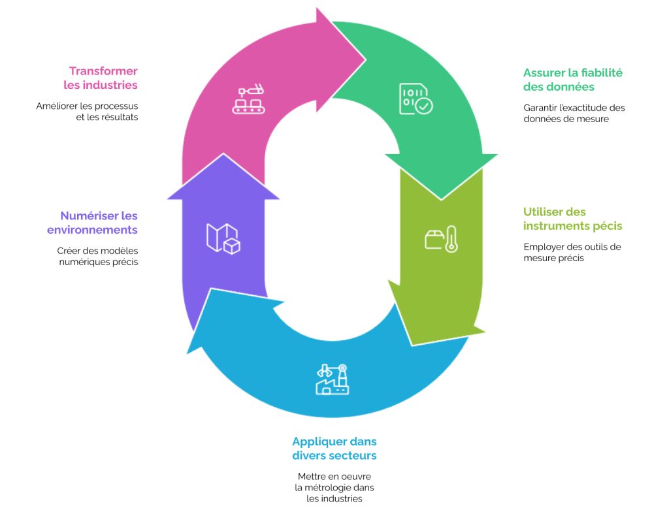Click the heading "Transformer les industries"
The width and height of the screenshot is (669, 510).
[x=101, y=78]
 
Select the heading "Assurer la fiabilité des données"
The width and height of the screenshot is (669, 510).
[x=572, y=80]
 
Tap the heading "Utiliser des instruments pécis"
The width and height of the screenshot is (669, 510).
[x=572, y=219]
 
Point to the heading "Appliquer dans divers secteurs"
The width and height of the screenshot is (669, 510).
[x=334, y=448]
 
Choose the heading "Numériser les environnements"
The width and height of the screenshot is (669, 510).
[x=92, y=223]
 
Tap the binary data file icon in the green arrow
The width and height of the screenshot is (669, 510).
[x=416, y=99]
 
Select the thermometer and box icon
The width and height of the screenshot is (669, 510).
[x=441, y=239]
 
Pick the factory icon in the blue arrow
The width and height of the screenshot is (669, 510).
[x=333, y=379]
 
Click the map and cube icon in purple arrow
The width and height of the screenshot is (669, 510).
[x=223, y=239]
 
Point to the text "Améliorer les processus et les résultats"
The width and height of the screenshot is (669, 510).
[x=87, y=111]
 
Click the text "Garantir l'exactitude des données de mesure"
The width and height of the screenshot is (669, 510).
[x=574, y=113]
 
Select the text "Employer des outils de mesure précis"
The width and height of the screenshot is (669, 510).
[x=572, y=252]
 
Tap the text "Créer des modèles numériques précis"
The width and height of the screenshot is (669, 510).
[x=98, y=256]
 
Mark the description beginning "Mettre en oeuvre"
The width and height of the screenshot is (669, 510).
[x=334, y=487]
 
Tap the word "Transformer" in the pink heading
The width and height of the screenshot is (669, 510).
[x=103, y=71]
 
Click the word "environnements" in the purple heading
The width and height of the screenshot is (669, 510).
[x=92, y=230]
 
